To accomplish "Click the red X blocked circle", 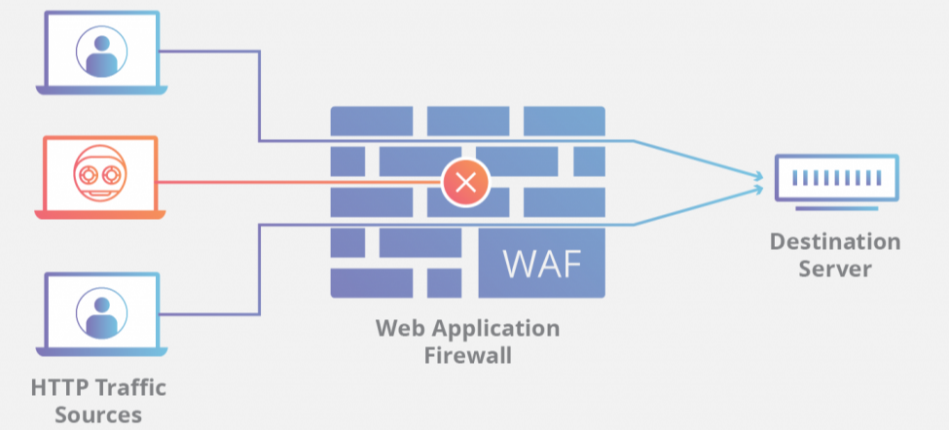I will [465, 182].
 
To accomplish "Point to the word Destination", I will [835, 241].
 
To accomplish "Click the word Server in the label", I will [835, 268].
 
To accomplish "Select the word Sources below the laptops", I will [99, 414].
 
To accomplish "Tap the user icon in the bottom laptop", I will [99, 311].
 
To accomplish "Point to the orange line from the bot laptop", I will [292, 182].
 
